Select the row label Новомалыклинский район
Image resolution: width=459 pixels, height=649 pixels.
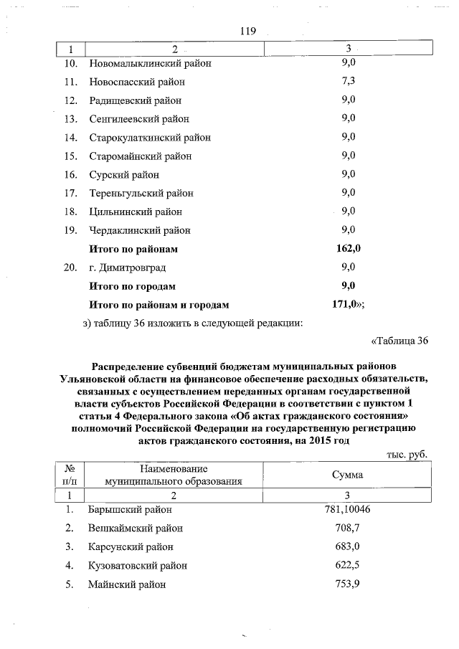tap(150, 63)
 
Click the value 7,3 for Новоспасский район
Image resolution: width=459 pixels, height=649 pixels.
tap(349, 81)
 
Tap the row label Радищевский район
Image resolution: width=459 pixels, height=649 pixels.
tap(135, 100)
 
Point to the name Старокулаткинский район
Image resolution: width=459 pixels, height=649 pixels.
tap(150, 138)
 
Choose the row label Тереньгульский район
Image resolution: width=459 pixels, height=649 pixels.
tap(141, 193)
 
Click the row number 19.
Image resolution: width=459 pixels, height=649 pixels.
tap(70, 230)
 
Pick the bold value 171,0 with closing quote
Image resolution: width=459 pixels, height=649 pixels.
tap(349, 305)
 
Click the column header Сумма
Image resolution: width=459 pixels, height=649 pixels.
tap(347, 475)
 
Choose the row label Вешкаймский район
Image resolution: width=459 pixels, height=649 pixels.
tap(136, 529)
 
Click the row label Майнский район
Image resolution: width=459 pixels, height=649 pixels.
tap(127, 584)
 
